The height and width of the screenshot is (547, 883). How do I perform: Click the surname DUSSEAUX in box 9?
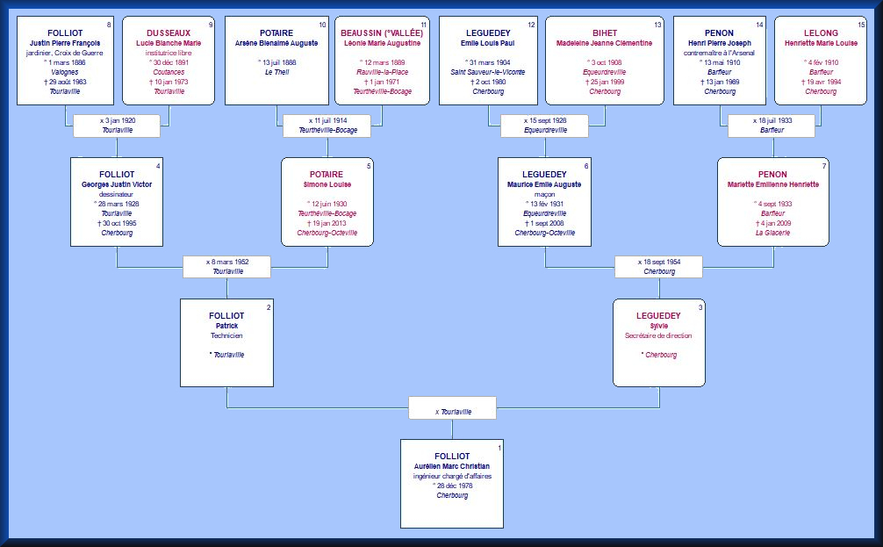pyautogui.click(x=169, y=33)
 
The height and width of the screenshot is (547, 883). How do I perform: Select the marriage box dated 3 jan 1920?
pyautogui.click(x=117, y=126)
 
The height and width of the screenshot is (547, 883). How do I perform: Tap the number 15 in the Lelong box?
pyautogui.click(x=861, y=25)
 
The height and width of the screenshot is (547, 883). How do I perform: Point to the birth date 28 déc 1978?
pyautogui.click(x=453, y=486)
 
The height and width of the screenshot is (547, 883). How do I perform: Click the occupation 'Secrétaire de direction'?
pyautogui.click(x=658, y=335)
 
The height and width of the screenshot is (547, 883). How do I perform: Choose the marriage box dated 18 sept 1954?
pyautogui.click(x=658, y=267)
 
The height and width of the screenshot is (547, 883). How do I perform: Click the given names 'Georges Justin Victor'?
pyautogui.click(x=117, y=184)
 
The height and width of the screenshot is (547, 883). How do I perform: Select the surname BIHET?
pyautogui.click(x=605, y=33)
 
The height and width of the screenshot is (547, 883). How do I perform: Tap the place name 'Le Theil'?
pyautogui.click(x=276, y=72)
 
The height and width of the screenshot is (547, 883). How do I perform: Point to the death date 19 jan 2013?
pyautogui.click(x=327, y=223)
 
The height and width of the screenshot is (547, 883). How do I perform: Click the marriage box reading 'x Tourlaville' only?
pyautogui.click(x=452, y=408)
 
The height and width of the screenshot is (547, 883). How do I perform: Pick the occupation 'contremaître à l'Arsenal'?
pyautogui.click(x=719, y=53)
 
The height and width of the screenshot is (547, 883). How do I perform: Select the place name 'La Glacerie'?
pyautogui.click(x=772, y=233)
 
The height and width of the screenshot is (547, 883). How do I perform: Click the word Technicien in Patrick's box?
pyautogui.click(x=226, y=335)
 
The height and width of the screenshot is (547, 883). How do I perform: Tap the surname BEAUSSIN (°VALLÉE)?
pyautogui.click(x=382, y=33)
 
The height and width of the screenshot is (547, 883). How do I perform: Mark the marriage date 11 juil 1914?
pyautogui.click(x=327, y=120)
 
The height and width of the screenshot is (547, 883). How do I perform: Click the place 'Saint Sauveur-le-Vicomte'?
pyautogui.click(x=488, y=72)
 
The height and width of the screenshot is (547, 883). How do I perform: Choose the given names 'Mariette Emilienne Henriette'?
pyautogui.click(x=772, y=184)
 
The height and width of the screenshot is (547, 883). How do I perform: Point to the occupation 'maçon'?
pyautogui.click(x=544, y=194)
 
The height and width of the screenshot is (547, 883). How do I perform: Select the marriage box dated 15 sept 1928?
pyautogui.click(x=544, y=126)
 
